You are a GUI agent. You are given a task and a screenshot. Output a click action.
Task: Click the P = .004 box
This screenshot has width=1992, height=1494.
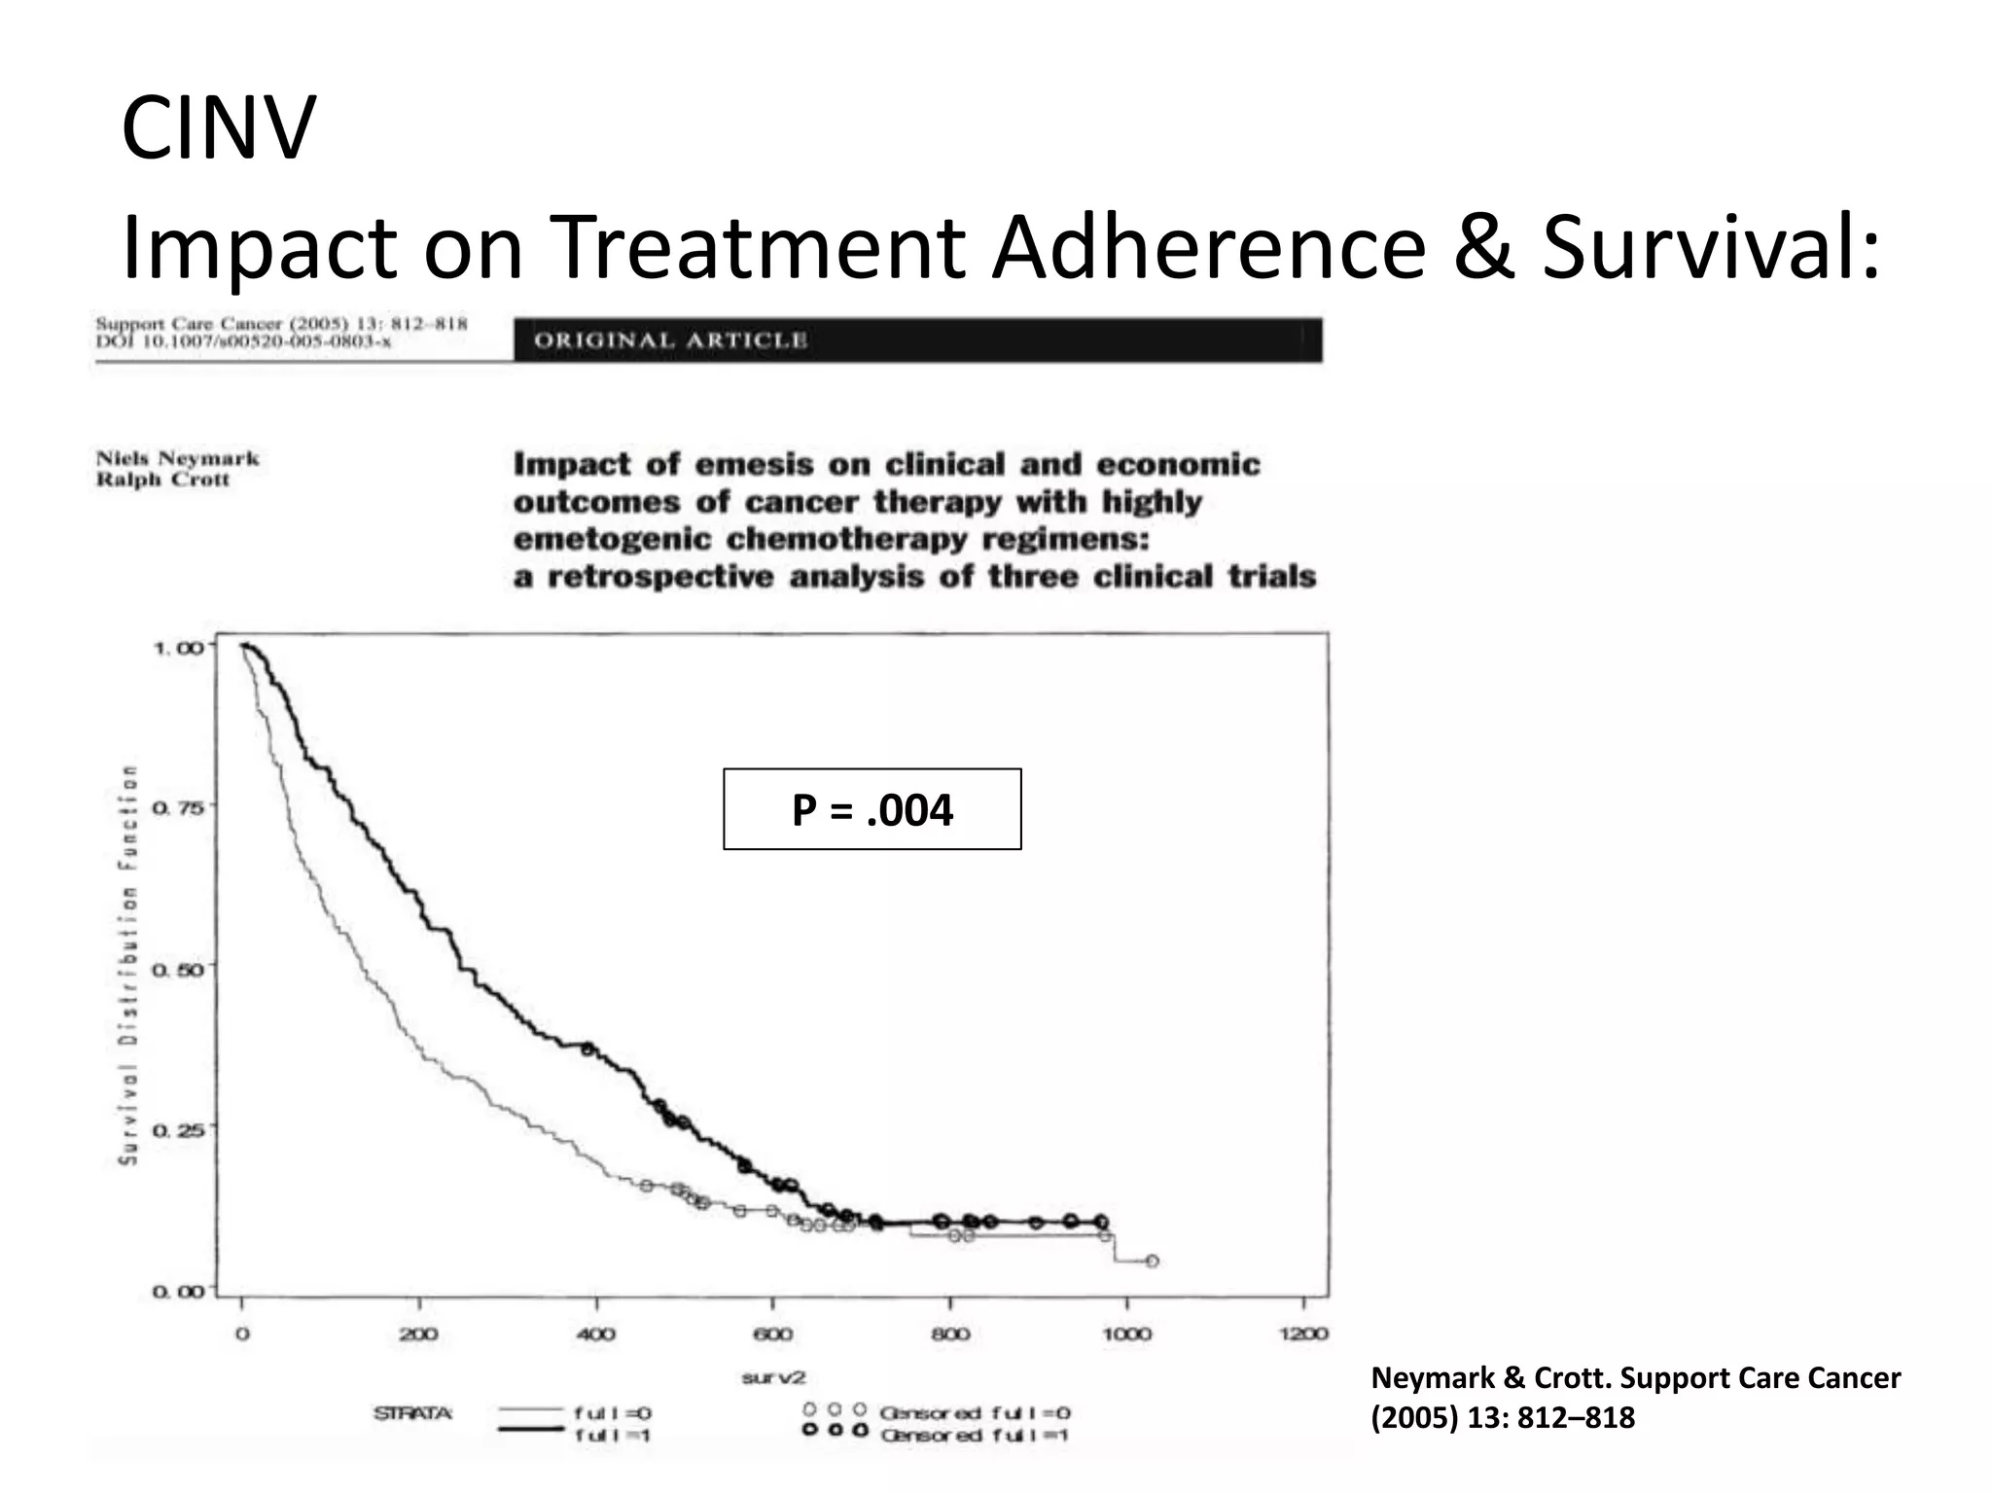pyautogui.click(x=871, y=809)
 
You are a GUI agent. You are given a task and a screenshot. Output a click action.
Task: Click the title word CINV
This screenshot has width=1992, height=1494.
pyautogui.click(x=218, y=127)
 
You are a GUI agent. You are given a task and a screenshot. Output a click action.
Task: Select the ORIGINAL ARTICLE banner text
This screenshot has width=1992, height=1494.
pyautogui.click(x=671, y=340)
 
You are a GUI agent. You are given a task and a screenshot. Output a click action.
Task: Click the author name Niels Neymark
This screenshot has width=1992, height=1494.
pyautogui.click(x=178, y=458)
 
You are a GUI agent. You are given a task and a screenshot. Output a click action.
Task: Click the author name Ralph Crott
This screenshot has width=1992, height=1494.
pyautogui.click(x=162, y=480)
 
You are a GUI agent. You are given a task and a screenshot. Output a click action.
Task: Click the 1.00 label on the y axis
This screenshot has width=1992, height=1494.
pyautogui.click(x=179, y=648)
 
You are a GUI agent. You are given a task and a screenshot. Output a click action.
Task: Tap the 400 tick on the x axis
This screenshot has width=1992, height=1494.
pyautogui.click(x=595, y=1333)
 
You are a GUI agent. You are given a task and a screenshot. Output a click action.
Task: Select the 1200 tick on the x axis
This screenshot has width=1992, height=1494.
pyautogui.click(x=1302, y=1333)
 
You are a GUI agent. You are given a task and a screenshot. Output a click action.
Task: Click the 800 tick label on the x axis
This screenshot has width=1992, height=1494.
pyautogui.click(x=949, y=1333)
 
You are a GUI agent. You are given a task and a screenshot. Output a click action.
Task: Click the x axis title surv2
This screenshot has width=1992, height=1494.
pyautogui.click(x=773, y=1377)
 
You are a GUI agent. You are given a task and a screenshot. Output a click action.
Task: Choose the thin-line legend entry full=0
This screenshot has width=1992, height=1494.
pyautogui.click(x=613, y=1412)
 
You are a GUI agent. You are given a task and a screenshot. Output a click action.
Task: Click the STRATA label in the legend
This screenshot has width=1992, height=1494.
pyautogui.click(x=412, y=1412)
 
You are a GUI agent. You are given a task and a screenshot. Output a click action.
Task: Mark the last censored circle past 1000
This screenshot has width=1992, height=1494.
pyautogui.click(x=1152, y=1261)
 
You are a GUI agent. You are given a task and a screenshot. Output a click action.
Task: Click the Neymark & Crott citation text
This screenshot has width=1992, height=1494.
pyautogui.click(x=1634, y=1397)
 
